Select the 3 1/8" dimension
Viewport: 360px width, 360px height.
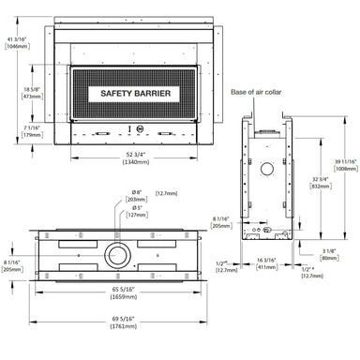click(327, 250)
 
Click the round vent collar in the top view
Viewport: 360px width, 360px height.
click(119, 254)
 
